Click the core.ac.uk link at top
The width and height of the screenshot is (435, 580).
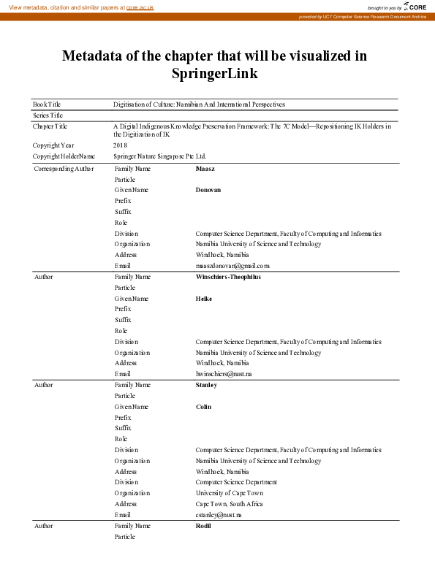(140, 7)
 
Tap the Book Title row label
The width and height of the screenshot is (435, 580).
(47, 104)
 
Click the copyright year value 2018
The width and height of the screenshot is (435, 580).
(120, 145)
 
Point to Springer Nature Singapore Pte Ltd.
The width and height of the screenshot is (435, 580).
(159, 156)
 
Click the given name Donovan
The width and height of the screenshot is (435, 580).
(208, 190)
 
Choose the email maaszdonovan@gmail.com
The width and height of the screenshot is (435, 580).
(232, 266)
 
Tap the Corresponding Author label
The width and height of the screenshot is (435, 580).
(64, 169)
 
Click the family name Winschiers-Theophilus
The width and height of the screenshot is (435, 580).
(228, 277)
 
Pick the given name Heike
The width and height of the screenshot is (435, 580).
(204, 299)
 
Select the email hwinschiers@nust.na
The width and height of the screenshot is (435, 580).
(224, 374)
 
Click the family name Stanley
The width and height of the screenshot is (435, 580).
(206, 385)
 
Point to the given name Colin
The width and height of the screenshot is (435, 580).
(203, 407)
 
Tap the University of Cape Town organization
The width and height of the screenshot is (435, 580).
(229, 493)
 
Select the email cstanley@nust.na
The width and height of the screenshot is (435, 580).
(219, 515)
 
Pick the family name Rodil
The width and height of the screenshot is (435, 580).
(203, 526)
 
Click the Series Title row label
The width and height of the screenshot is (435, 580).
(48, 115)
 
